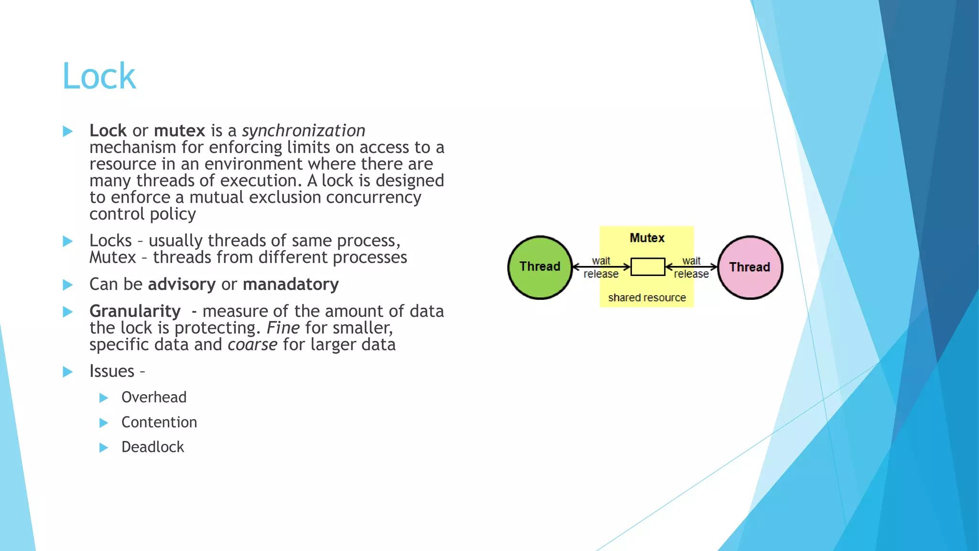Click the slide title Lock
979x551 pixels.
point(99,77)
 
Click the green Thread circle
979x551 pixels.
point(540,267)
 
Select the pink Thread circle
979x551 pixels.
point(750,267)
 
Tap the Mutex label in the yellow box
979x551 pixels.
point(647,238)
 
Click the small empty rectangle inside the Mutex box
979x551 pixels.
point(647,267)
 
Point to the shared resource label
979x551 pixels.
point(647,298)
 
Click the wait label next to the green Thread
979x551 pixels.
point(601,261)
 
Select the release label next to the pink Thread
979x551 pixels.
point(691,274)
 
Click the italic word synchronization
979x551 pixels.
point(303,131)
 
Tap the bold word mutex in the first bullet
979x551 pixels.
point(179,131)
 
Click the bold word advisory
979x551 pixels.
point(182,284)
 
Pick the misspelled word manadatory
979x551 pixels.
point(291,284)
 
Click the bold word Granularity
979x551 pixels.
point(135,311)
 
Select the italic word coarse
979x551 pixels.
point(252,344)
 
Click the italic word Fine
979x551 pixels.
point(283,328)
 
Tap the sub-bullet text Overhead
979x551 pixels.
point(154,397)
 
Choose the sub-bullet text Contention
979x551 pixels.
point(159,422)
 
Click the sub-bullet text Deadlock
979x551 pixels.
point(152,447)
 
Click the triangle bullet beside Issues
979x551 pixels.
point(68,372)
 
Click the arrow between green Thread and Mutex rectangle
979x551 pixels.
point(601,267)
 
